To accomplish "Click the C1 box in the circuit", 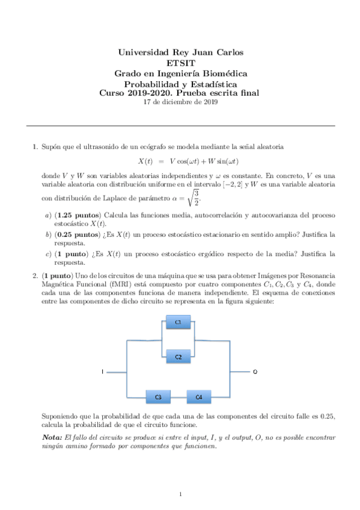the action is [x=178, y=323].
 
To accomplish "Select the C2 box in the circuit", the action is [x=178, y=357].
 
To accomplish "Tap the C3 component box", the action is [x=158, y=397].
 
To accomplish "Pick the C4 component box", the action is [x=199, y=397].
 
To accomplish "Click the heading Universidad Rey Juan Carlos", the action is [x=180, y=53].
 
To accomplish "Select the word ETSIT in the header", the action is [x=180, y=63].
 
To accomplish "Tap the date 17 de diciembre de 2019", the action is [x=180, y=102].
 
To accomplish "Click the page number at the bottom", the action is [x=180, y=494].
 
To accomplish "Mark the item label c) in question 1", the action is [x=49, y=254].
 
